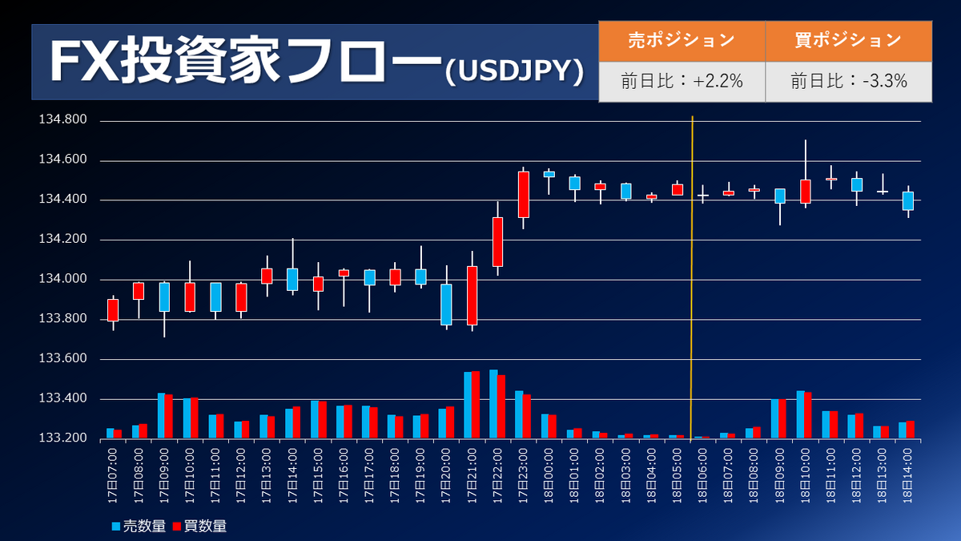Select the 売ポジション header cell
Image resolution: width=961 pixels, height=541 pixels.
click(682, 39)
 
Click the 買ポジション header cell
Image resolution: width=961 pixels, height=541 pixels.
click(848, 39)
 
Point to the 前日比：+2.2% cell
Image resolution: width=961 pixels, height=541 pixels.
click(682, 81)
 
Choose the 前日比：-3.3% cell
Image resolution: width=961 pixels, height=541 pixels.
click(848, 81)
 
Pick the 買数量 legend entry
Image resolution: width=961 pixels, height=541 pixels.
click(199, 526)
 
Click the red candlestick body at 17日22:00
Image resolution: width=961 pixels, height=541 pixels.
click(497, 241)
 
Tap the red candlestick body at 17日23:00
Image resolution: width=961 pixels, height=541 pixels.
click(523, 194)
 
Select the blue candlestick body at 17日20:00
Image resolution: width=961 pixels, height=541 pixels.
click(446, 304)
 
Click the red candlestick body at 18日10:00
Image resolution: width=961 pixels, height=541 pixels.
click(806, 191)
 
